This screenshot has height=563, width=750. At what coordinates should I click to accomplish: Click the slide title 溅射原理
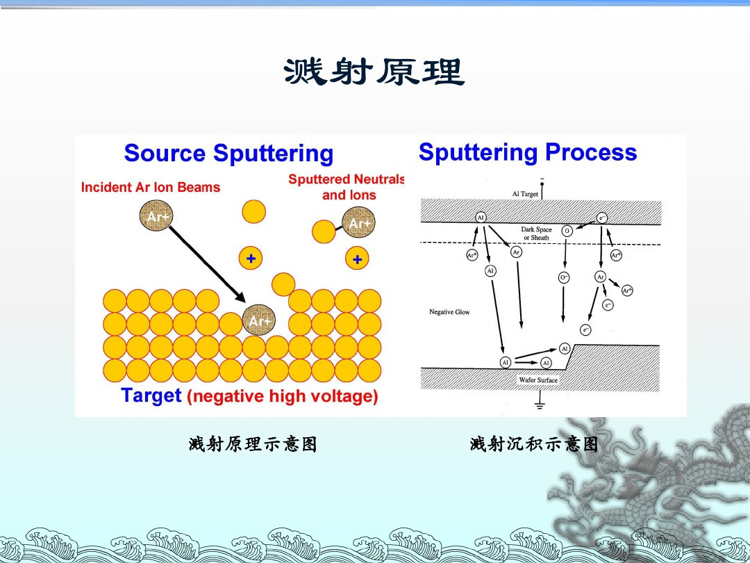click(374, 72)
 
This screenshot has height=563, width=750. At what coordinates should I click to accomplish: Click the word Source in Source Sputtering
click(165, 154)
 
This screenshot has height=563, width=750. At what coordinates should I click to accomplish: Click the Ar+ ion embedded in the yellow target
click(260, 320)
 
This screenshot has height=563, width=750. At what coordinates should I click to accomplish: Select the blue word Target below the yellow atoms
click(151, 395)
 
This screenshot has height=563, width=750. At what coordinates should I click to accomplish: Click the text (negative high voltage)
click(283, 397)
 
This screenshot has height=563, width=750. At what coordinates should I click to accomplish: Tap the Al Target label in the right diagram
click(525, 194)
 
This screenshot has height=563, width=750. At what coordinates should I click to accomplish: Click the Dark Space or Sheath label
click(536, 234)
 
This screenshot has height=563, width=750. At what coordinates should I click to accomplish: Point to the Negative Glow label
click(449, 312)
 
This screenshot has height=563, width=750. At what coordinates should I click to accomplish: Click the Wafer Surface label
click(538, 380)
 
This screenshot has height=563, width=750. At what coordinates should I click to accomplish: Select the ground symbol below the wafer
click(539, 403)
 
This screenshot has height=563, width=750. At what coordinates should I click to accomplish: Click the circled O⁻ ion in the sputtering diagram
click(564, 277)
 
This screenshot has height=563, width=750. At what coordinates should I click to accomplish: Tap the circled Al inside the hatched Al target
click(481, 218)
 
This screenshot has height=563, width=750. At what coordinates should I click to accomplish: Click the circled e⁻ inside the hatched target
click(602, 218)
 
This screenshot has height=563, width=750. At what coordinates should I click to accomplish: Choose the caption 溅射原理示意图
click(253, 444)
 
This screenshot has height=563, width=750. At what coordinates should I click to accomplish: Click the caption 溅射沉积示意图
click(534, 444)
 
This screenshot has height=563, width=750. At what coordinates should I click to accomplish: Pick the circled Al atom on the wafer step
click(564, 348)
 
